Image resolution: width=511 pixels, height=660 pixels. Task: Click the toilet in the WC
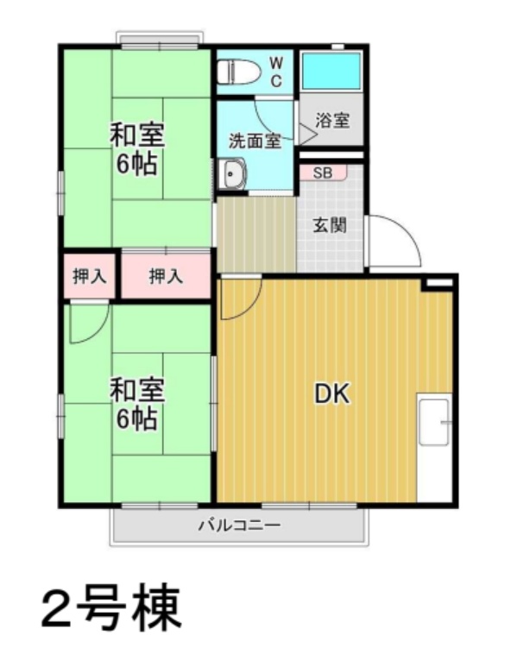[x=238, y=72]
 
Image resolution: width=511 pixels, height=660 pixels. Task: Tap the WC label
[x=276, y=72]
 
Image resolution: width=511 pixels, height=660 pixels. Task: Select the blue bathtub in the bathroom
[x=331, y=71]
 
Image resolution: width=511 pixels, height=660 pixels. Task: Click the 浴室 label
[x=332, y=121]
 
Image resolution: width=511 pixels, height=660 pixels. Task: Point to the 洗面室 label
[x=255, y=141]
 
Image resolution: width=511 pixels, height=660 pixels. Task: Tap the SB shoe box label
[x=322, y=173]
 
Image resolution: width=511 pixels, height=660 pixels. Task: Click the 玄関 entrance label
[x=330, y=226]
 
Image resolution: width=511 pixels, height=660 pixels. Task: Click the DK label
[x=332, y=394]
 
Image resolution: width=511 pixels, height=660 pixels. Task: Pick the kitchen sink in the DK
[x=434, y=422]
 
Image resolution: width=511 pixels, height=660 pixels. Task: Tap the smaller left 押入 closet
[x=89, y=276]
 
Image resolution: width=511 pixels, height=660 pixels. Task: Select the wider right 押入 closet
[x=166, y=276]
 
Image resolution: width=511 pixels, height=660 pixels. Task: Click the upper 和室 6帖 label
[x=137, y=149]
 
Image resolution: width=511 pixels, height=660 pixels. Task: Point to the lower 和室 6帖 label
[x=137, y=404]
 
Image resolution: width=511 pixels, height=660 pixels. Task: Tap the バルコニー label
[x=239, y=525]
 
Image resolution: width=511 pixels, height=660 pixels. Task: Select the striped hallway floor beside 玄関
[x=256, y=235]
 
